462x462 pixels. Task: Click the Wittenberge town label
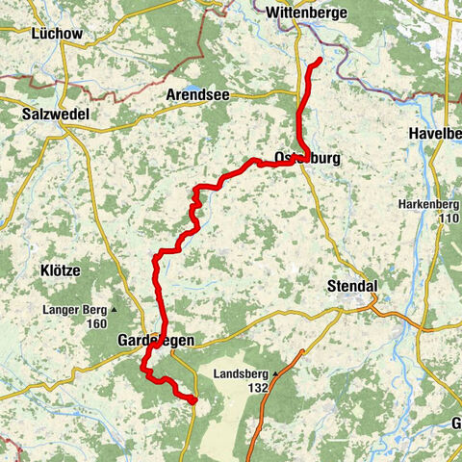[x=305, y=13]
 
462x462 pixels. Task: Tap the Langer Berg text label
[x=73, y=310]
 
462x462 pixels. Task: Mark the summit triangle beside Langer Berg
[x=114, y=310]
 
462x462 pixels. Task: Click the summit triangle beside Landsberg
[x=276, y=373]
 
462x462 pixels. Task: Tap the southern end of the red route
[x=192, y=399]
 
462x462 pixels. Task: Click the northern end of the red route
[x=319, y=63]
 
